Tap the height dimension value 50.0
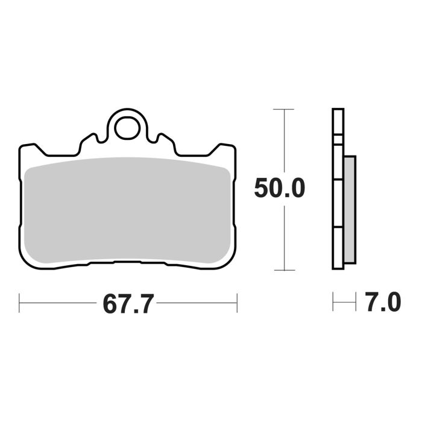pos(279,189)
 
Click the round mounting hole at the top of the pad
pos(127,127)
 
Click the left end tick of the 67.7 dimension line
pos(20,303)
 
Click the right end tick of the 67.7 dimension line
pos(237,303)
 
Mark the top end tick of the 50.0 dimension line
pos(283,109)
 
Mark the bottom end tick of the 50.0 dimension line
pos(283,269)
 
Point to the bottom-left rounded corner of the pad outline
pos(27,259)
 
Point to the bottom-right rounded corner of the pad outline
pos(228,259)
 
